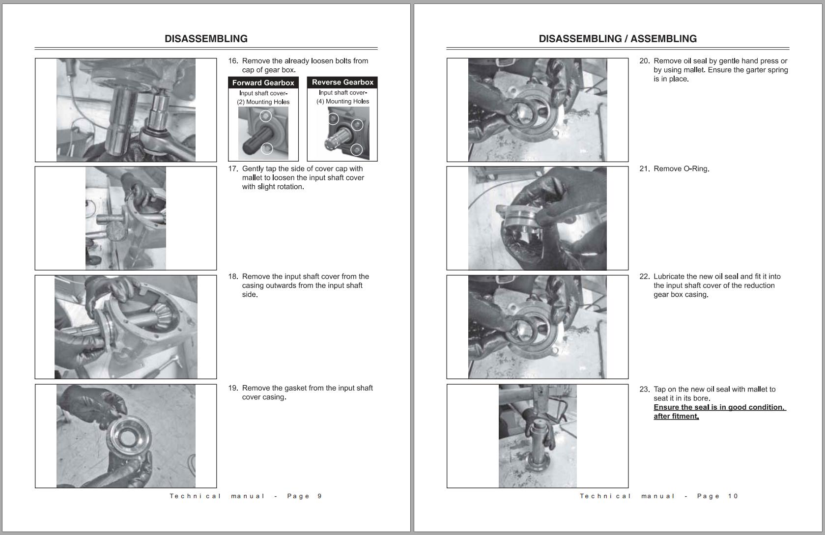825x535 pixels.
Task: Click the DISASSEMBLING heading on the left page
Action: [x=206, y=39]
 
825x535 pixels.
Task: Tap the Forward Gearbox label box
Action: [x=263, y=83]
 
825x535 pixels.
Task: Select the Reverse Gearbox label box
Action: [x=342, y=82]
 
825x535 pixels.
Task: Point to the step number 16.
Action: [x=233, y=61]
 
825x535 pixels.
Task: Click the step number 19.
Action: [x=233, y=388]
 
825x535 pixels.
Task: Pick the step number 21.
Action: [x=644, y=169]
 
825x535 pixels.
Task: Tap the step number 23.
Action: [x=644, y=390]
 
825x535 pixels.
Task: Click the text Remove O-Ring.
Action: [x=681, y=169]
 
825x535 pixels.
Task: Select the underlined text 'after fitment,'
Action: [x=676, y=417]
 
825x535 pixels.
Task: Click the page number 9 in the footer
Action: [x=319, y=496]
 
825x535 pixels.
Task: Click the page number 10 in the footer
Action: [x=733, y=496]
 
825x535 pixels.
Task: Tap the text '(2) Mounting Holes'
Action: [x=263, y=102]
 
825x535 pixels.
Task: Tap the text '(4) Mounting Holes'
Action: [x=342, y=102]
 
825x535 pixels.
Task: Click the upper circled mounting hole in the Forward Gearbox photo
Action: [x=265, y=116]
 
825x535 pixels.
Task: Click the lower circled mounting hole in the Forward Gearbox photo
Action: [x=266, y=148]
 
